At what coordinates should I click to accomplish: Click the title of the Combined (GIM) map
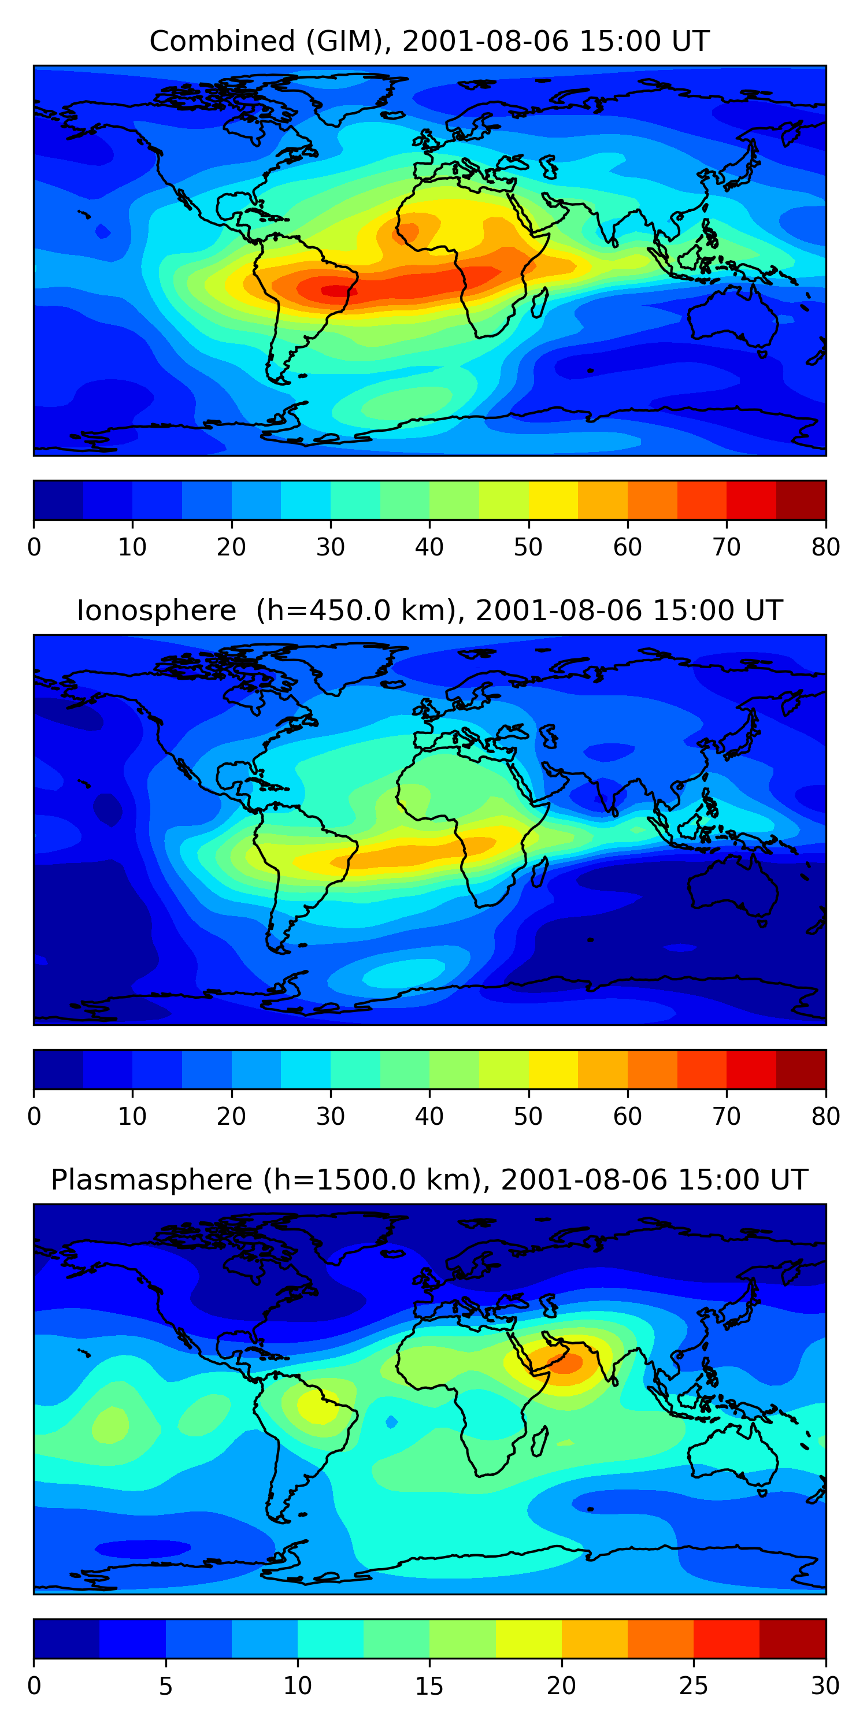429,41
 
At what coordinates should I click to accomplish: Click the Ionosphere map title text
429,610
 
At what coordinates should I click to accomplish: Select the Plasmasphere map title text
429,1180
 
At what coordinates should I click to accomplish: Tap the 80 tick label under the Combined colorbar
825,547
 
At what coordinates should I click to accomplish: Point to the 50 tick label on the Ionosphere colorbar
528,1117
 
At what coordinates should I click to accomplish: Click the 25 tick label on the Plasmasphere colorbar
694,1686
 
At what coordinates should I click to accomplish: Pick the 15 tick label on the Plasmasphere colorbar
429,1686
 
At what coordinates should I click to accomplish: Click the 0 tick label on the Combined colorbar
34,547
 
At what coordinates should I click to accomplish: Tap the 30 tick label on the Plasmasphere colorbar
825,1686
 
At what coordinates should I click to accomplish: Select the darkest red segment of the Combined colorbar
801,500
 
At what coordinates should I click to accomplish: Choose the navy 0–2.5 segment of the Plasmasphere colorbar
66,1639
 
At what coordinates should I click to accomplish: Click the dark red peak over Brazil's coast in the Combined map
335,291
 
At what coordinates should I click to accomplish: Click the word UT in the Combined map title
691,41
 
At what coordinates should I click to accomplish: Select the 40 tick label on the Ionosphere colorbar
429,1117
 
